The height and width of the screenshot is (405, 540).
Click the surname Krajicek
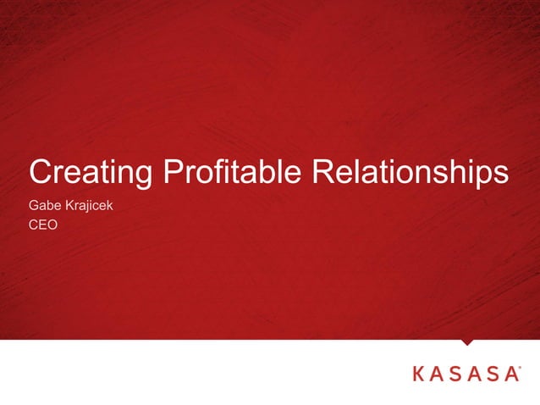pos(90,207)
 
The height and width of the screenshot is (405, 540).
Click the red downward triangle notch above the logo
pos(467,342)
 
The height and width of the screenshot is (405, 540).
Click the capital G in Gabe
pos(34,207)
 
